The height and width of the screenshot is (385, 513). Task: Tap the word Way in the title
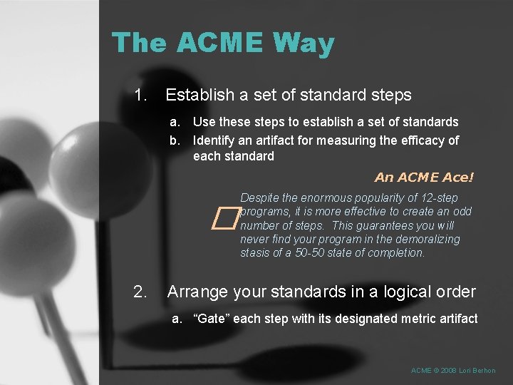304,44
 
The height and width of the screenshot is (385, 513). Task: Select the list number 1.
140,94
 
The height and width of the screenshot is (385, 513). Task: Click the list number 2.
140,292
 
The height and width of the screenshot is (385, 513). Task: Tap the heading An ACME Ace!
424,178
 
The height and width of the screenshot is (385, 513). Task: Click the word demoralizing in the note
425,239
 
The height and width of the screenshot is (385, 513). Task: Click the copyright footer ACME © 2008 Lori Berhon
453,371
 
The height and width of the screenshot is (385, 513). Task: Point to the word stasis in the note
255,252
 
